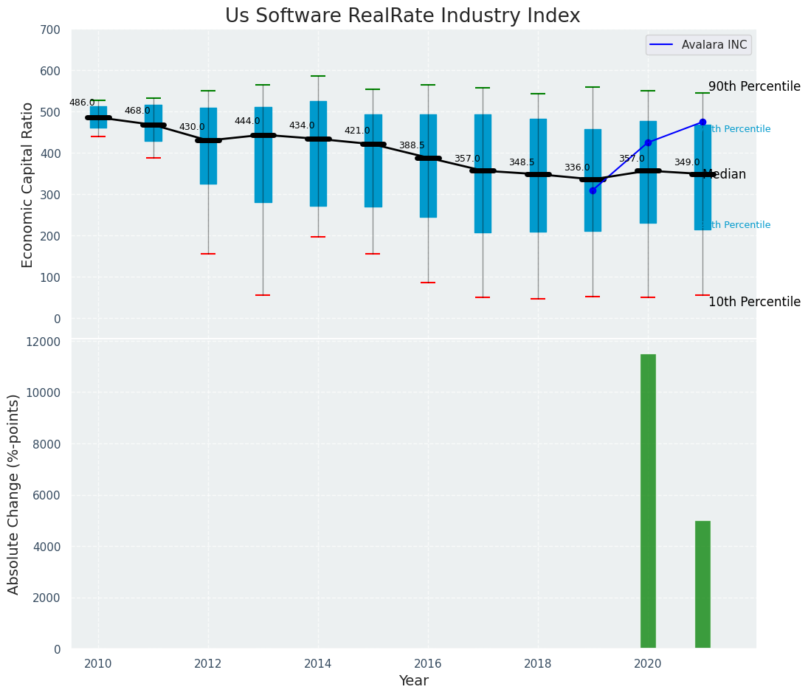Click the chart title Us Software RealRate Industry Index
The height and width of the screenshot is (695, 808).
[x=402, y=16]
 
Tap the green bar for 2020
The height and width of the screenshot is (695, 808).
[x=648, y=501]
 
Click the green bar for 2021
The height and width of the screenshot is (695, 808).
[x=702, y=584]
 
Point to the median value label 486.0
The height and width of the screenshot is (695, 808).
[x=82, y=103]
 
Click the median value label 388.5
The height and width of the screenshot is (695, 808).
[x=412, y=145]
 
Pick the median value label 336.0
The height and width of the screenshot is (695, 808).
[x=577, y=167]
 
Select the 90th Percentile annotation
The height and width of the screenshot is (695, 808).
[x=754, y=86]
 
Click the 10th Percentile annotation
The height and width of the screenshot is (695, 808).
[x=754, y=302]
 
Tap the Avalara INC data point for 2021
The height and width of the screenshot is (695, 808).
[x=702, y=122]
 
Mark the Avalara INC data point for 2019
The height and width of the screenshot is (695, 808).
[x=593, y=190]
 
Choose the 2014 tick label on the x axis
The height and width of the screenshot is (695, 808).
[x=318, y=663]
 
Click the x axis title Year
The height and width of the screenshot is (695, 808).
[x=414, y=681]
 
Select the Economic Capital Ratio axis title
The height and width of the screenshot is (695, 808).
[x=28, y=184]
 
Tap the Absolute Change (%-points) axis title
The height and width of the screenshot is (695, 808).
[x=14, y=494]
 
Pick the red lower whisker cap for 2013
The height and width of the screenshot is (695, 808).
[x=263, y=295]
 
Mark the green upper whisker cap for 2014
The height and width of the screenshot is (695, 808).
[x=318, y=76]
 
